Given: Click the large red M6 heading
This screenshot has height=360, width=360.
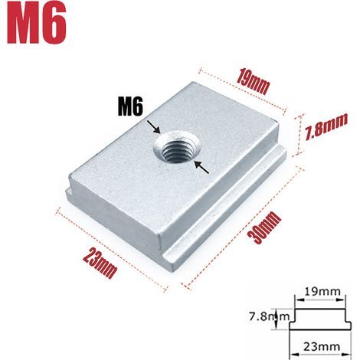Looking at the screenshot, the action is pyautogui.click(x=37, y=24).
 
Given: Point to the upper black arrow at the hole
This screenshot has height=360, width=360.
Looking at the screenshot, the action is pyautogui.click(x=154, y=126).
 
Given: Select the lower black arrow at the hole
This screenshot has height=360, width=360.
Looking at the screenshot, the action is pyautogui.click(x=201, y=167).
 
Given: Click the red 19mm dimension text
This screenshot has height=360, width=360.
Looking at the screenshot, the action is pyautogui.click(x=253, y=81).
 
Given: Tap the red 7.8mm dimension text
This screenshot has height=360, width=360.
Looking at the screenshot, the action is pyautogui.click(x=327, y=127).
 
